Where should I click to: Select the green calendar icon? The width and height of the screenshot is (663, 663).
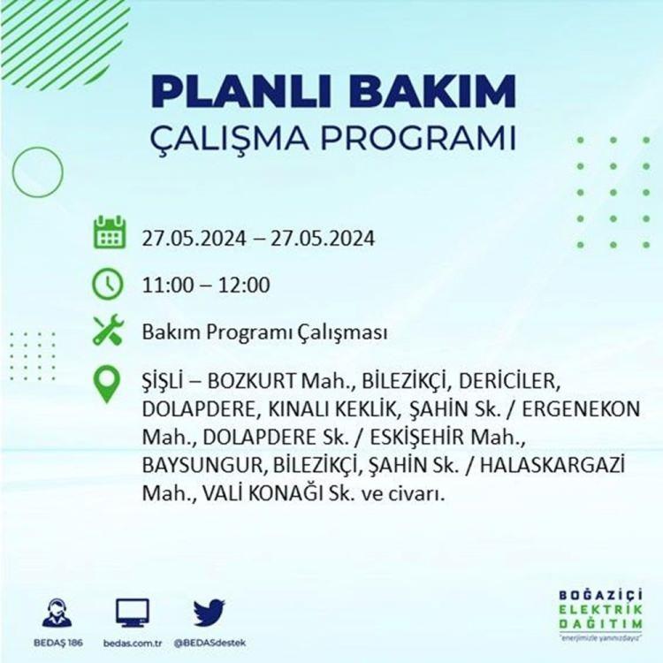point(110,232)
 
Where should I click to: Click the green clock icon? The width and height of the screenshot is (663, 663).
point(108,284)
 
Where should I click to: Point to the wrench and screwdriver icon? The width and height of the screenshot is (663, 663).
point(108,331)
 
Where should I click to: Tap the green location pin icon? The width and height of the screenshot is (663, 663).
point(107,385)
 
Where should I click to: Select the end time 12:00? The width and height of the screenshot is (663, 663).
point(244,285)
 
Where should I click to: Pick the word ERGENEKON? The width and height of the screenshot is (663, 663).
point(581,409)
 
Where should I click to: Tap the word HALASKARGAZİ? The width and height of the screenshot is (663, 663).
point(552,465)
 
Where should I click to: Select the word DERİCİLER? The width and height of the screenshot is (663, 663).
point(509,381)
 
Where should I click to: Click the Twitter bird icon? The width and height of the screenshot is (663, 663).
point(210,613)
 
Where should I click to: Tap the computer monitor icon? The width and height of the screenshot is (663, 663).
point(133,613)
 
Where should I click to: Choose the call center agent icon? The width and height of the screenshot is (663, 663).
point(57,613)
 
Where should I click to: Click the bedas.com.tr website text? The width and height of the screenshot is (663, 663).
point(133,644)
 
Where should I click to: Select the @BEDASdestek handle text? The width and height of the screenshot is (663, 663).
point(210,644)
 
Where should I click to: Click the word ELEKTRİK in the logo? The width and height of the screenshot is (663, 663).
point(600,610)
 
